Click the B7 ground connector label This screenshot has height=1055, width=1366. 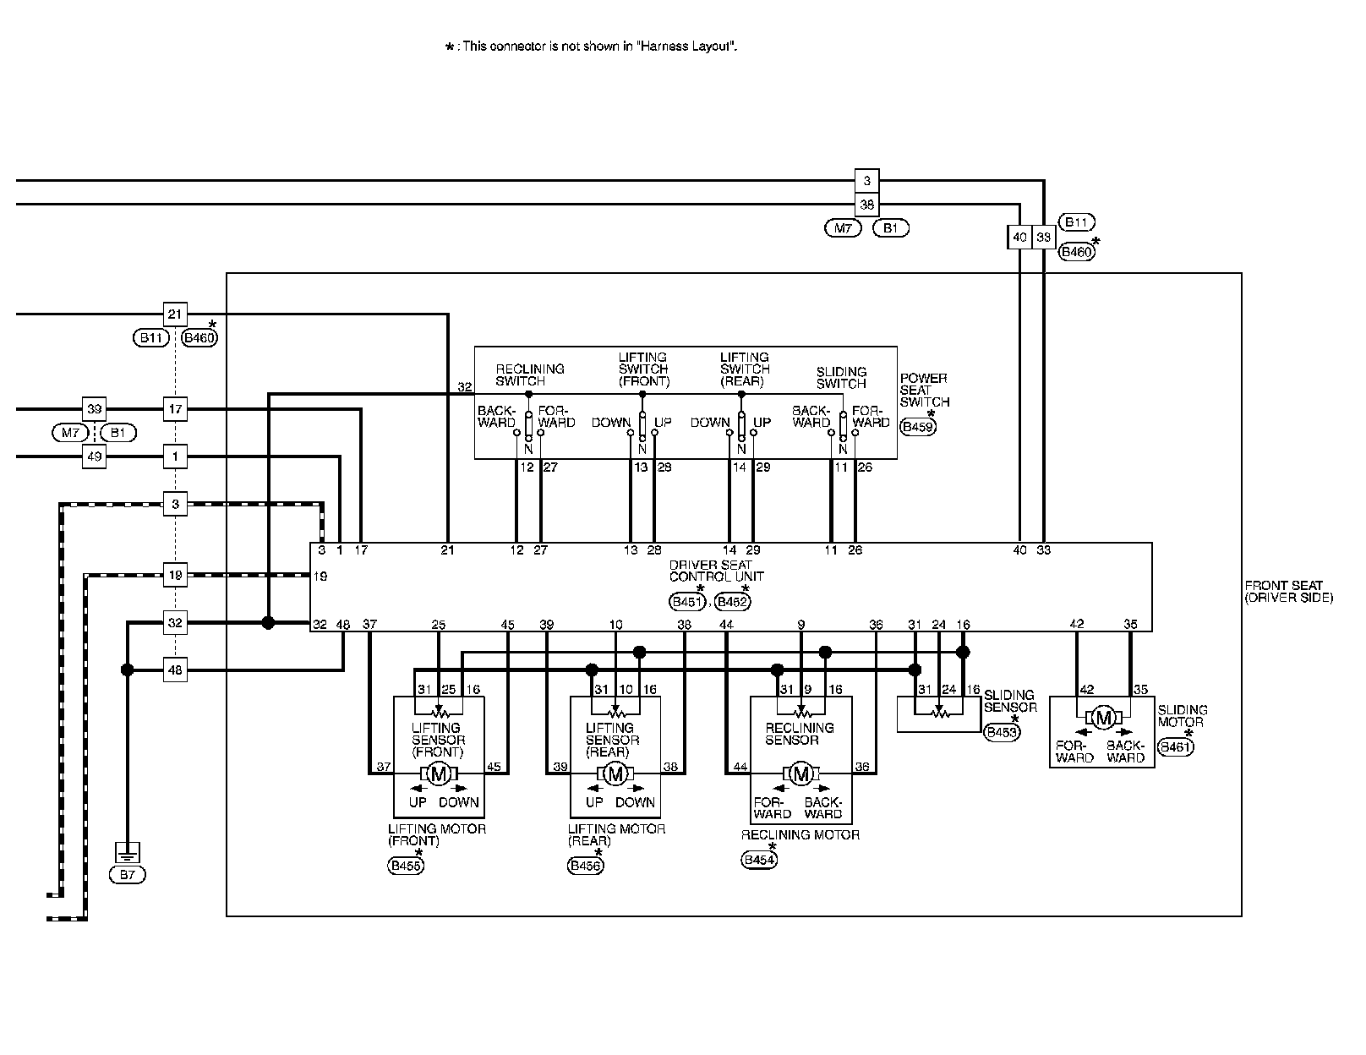(127, 875)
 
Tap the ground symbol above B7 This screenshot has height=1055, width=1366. (127, 851)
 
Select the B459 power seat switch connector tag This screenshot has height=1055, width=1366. (918, 427)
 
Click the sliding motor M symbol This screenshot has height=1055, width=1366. (1102, 718)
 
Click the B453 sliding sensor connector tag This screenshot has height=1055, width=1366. (1002, 732)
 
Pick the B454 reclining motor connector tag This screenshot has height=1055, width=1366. (759, 860)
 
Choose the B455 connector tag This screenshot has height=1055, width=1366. (406, 866)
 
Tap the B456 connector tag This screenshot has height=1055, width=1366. (586, 866)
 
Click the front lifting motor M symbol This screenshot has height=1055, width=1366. (438, 773)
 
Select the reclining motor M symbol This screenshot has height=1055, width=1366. (800, 773)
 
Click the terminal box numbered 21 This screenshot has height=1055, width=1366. (175, 314)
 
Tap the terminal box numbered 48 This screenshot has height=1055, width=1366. (175, 670)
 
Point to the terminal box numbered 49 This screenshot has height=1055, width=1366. (94, 457)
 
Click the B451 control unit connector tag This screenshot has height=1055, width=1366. (686, 601)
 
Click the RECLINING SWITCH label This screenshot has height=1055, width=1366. (530, 374)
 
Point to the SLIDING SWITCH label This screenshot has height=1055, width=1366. (841, 377)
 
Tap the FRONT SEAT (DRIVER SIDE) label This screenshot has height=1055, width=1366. (1288, 591)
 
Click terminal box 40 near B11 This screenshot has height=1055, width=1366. (1019, 238)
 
